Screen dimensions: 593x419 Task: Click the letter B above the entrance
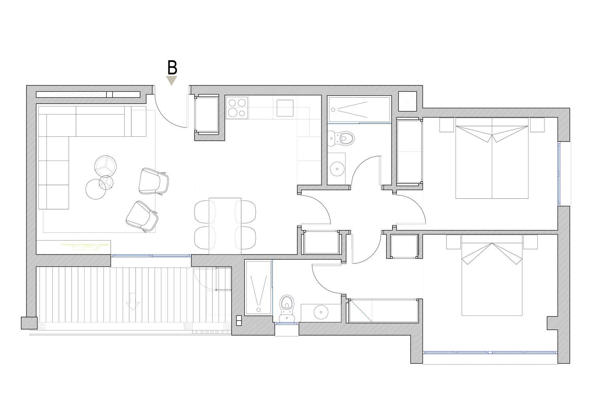[x=172, y=67]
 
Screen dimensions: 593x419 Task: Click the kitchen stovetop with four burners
[x=237, y=108]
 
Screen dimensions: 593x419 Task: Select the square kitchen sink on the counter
[x=285, y=108]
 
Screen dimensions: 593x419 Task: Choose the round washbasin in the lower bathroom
[x=321, y=312]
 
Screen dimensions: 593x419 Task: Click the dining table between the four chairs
[x=225, y=226]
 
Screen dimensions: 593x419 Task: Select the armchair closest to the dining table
[x=154, y=181]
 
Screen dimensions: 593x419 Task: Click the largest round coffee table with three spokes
[x=106, y=166]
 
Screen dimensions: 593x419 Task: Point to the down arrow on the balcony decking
[x=132, y=302]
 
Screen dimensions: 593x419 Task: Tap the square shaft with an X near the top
[x=408, y=101]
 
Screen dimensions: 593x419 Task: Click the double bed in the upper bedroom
[x=492, y=158]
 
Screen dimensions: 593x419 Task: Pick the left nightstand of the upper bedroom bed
[x=447, y=125]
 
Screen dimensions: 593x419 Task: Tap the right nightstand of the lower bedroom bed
[x=531, y=242]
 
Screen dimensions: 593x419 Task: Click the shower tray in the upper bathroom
[x=359, y=109]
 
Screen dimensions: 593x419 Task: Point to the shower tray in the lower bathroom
[x=259, y=288]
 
